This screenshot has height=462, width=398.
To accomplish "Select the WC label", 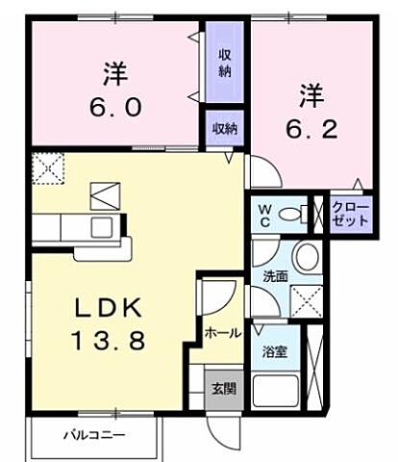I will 264,214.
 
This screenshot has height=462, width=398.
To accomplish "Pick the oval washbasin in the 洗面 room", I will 308,258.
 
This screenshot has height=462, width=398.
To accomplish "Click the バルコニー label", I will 93,435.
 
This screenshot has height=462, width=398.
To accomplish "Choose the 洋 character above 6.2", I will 309,96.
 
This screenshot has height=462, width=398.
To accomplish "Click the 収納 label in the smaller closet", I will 225,128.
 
